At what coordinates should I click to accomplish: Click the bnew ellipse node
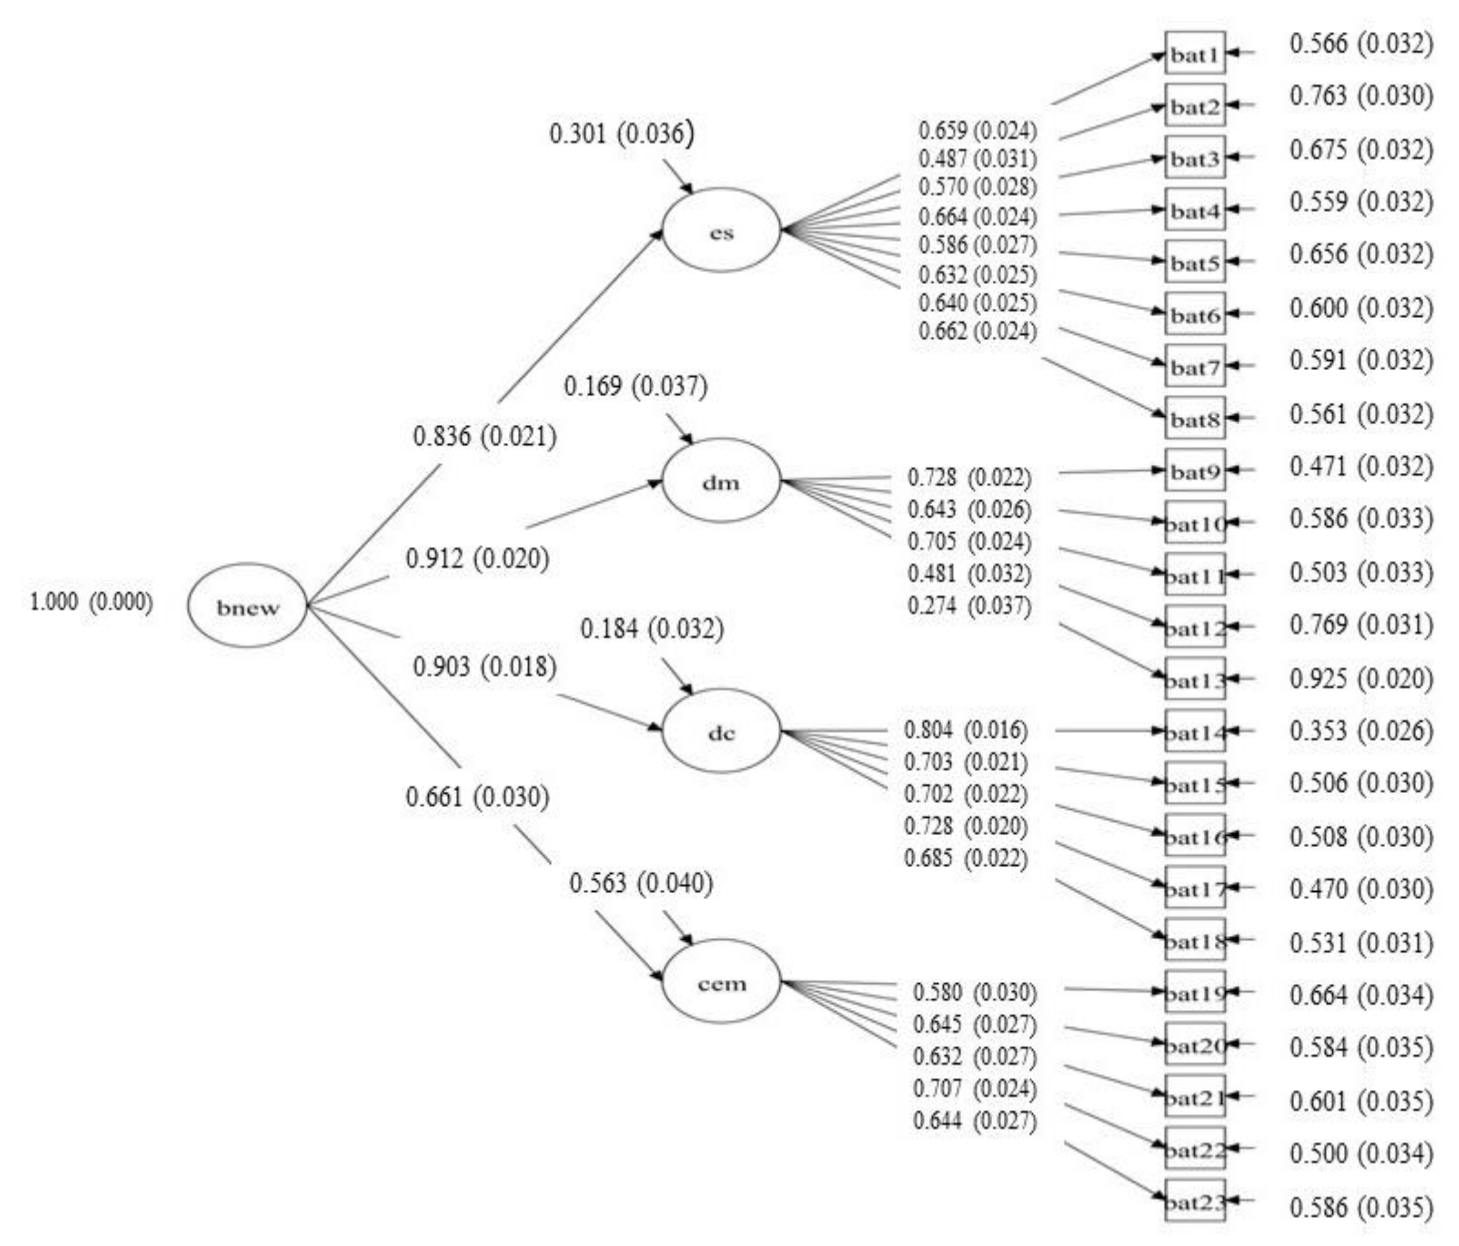[247, 605]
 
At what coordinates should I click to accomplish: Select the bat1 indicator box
[1195, 53]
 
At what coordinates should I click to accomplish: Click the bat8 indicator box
[1195, 418]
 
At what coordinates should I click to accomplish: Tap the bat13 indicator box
[1195, 678]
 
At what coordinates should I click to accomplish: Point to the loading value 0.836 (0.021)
[484, 436]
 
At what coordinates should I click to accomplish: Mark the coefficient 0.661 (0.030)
[477, 797]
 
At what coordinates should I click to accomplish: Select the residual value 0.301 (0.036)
[621, 133]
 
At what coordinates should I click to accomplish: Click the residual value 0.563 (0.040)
[641, 883]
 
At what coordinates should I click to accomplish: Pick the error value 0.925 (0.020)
[1361, 678]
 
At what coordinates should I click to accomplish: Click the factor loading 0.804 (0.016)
[965, 730]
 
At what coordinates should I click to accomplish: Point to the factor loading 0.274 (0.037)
[969, 605]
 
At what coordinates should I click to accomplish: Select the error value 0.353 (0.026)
[1361, 731]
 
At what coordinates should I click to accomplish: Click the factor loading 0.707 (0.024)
[975, 1089]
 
